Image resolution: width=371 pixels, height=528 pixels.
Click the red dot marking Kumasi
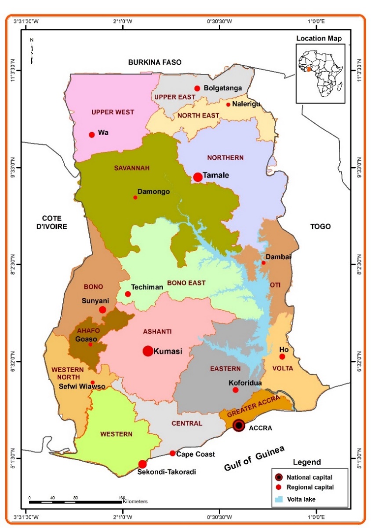148,351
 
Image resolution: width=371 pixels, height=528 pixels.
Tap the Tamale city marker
198,177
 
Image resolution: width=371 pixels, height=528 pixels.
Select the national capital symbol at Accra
239,425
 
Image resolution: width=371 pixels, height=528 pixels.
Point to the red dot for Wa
92,135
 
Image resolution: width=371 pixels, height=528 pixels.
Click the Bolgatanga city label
222,88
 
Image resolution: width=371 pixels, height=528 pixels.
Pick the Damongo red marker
135,197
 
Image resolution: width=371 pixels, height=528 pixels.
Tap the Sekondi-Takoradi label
166,472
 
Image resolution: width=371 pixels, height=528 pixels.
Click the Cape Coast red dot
172,453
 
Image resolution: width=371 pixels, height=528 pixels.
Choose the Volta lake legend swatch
278,499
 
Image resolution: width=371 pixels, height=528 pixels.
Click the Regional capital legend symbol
278,488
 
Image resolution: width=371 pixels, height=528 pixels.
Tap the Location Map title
319,39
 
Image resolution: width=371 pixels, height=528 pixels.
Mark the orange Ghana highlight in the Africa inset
309,69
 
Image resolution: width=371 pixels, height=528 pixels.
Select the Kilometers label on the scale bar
135,501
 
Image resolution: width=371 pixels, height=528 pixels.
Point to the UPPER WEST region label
113,112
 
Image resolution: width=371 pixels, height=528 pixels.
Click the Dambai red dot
264,263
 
